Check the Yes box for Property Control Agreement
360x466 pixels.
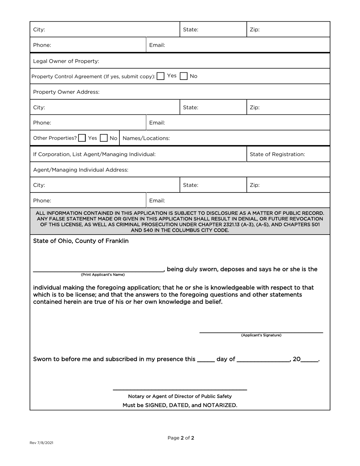[161, 76]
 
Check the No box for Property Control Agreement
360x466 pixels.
[184, 76]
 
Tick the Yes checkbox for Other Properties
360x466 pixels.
[82, 138]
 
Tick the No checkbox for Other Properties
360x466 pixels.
[103, 138]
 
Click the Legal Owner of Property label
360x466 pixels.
[66, 61]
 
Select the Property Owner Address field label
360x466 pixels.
[66, 92]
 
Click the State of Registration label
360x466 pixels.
[277, 154]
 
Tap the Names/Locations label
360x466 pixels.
[146, 138]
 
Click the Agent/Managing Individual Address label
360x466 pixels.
[81, 170]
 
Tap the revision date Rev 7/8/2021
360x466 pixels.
[41, 443]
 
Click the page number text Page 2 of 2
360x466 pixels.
[181, 438]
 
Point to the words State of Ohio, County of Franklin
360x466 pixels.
[81, 241]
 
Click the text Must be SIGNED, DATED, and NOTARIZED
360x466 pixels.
[180, 405]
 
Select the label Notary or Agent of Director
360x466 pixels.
[180, 396]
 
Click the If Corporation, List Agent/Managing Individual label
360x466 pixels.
[94, 154]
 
